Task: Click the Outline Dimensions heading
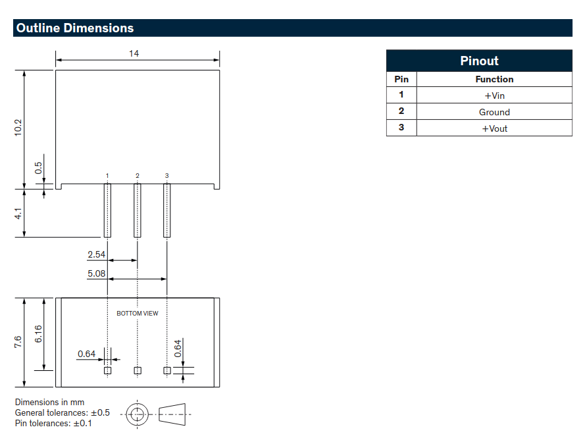tap(75, 28)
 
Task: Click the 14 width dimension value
tap(134, 53)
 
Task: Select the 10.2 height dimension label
tap(18, 127)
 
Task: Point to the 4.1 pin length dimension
tap(18, 214)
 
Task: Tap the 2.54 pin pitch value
tap(96, 254)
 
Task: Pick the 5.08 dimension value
tap(96, 273)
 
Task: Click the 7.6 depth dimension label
tap(18, 341)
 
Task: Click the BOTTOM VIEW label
tap(138, 314)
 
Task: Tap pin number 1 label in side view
tap(107, 175)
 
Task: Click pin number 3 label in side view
tap(167, 175)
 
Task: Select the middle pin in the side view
tap(138, 210)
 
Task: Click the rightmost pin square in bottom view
tap(167, 370)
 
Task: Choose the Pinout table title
tap(479, 61)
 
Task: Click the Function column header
tap(494, 79)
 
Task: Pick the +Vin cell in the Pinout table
tap(494, 96)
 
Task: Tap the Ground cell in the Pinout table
tap(494, 112)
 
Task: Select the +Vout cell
tap(494, 128)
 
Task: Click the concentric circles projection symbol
tap(138, 414)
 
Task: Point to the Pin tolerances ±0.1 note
tap(54, 423)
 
